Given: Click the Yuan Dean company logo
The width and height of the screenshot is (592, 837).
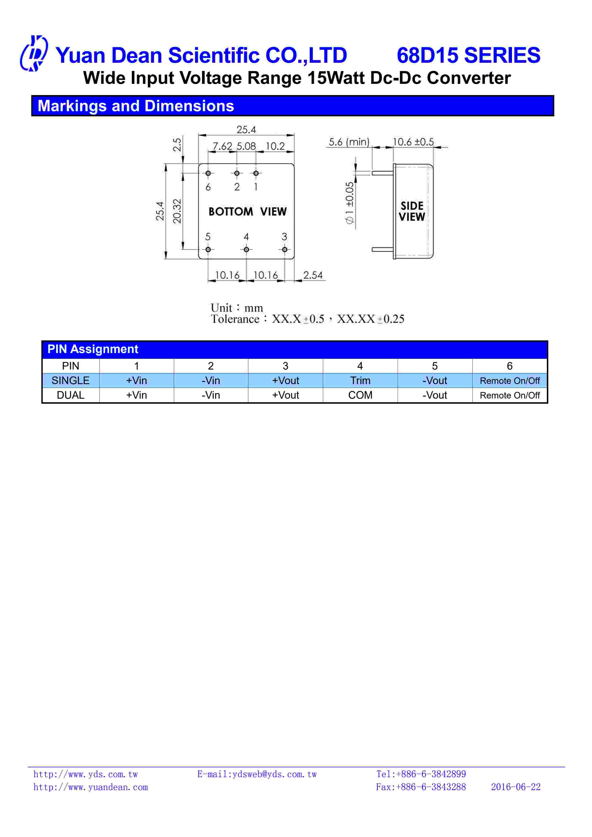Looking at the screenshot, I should coord(33,54).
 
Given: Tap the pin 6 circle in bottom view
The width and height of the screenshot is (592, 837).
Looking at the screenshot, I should coord(208,173).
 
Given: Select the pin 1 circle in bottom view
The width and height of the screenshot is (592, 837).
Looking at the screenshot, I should coord(256,173).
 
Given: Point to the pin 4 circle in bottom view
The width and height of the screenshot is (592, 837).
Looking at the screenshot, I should coord(246,249).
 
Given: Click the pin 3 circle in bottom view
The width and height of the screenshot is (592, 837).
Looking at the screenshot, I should coord(285,249).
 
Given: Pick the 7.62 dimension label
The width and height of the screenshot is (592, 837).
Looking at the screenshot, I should coord(222,146).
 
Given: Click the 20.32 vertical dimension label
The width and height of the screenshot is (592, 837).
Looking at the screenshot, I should coord(177,211).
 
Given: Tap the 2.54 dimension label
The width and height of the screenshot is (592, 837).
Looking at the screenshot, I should coord(313,275).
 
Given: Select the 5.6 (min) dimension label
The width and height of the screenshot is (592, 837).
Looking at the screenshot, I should coord(349,142).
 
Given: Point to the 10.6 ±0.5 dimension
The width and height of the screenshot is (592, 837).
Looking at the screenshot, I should coord(413,142).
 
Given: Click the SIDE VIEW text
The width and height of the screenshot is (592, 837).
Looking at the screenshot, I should coord(412,211).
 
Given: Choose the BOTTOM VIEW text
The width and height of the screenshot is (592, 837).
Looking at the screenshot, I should coord(247,211).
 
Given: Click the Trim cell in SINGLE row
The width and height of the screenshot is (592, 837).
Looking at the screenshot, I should coord(360,381).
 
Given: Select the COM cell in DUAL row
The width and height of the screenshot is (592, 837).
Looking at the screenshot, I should coord(360,395).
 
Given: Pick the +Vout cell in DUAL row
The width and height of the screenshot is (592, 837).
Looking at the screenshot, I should coord(285,395).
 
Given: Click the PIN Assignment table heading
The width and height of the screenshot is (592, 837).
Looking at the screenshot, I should coord(93,349).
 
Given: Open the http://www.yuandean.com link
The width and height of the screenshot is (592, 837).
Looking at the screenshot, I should coord(91,787).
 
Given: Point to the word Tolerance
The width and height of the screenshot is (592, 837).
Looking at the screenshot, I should coord(235,319).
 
